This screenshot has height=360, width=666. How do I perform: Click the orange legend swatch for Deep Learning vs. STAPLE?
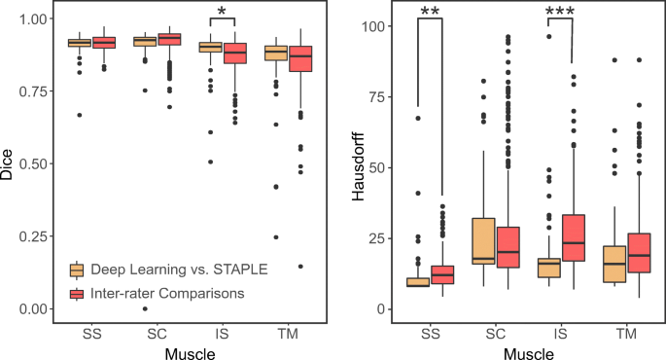pos(75,269)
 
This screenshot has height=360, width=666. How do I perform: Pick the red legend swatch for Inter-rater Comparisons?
pos(75,292)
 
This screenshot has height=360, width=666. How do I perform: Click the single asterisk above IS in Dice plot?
pos(222,12)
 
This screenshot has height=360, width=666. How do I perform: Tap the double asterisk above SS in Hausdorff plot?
pos(430,12)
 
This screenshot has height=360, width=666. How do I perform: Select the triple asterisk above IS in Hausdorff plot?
pos(560,12)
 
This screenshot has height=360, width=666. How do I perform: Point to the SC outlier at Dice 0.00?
pos(144,308)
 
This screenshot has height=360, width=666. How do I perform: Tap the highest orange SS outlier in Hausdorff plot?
pos(418,119)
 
